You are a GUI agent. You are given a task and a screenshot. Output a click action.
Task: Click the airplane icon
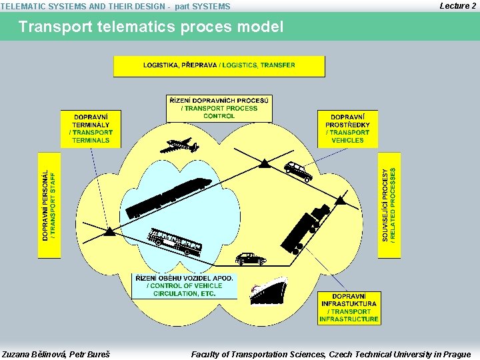tap(180, 146)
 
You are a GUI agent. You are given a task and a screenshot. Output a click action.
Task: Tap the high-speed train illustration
tap(168, 197)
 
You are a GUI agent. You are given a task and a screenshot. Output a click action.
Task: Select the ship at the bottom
tap(268, 291)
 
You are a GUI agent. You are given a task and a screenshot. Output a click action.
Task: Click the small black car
tap(250, 259)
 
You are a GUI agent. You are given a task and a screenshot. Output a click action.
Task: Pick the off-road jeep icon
tap(298, 171)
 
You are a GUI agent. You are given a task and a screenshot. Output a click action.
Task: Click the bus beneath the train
tap(173, 242)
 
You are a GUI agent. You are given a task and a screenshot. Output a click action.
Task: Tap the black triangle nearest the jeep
tap(265, 163)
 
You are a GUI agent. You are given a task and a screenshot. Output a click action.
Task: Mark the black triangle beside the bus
tap(110, 232)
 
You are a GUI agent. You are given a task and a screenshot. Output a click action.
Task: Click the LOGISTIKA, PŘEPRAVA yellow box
tap(219, 66)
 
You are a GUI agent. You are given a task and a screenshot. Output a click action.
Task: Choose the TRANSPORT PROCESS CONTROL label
tap(219, 109)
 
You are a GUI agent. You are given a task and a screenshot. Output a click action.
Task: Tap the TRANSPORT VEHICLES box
tap(347, 128)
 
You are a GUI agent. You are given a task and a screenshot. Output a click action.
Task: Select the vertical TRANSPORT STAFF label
tap(49, 205)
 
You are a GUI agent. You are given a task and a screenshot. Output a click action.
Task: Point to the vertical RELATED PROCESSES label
tap(390, 205)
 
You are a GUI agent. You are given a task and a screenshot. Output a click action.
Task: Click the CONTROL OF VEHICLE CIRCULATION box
tap(184, 286)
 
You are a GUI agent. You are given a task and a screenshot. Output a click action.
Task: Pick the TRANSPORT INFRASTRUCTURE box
tap(349, 308)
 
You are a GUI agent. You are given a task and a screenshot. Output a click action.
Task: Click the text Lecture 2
tap(457, 5)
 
